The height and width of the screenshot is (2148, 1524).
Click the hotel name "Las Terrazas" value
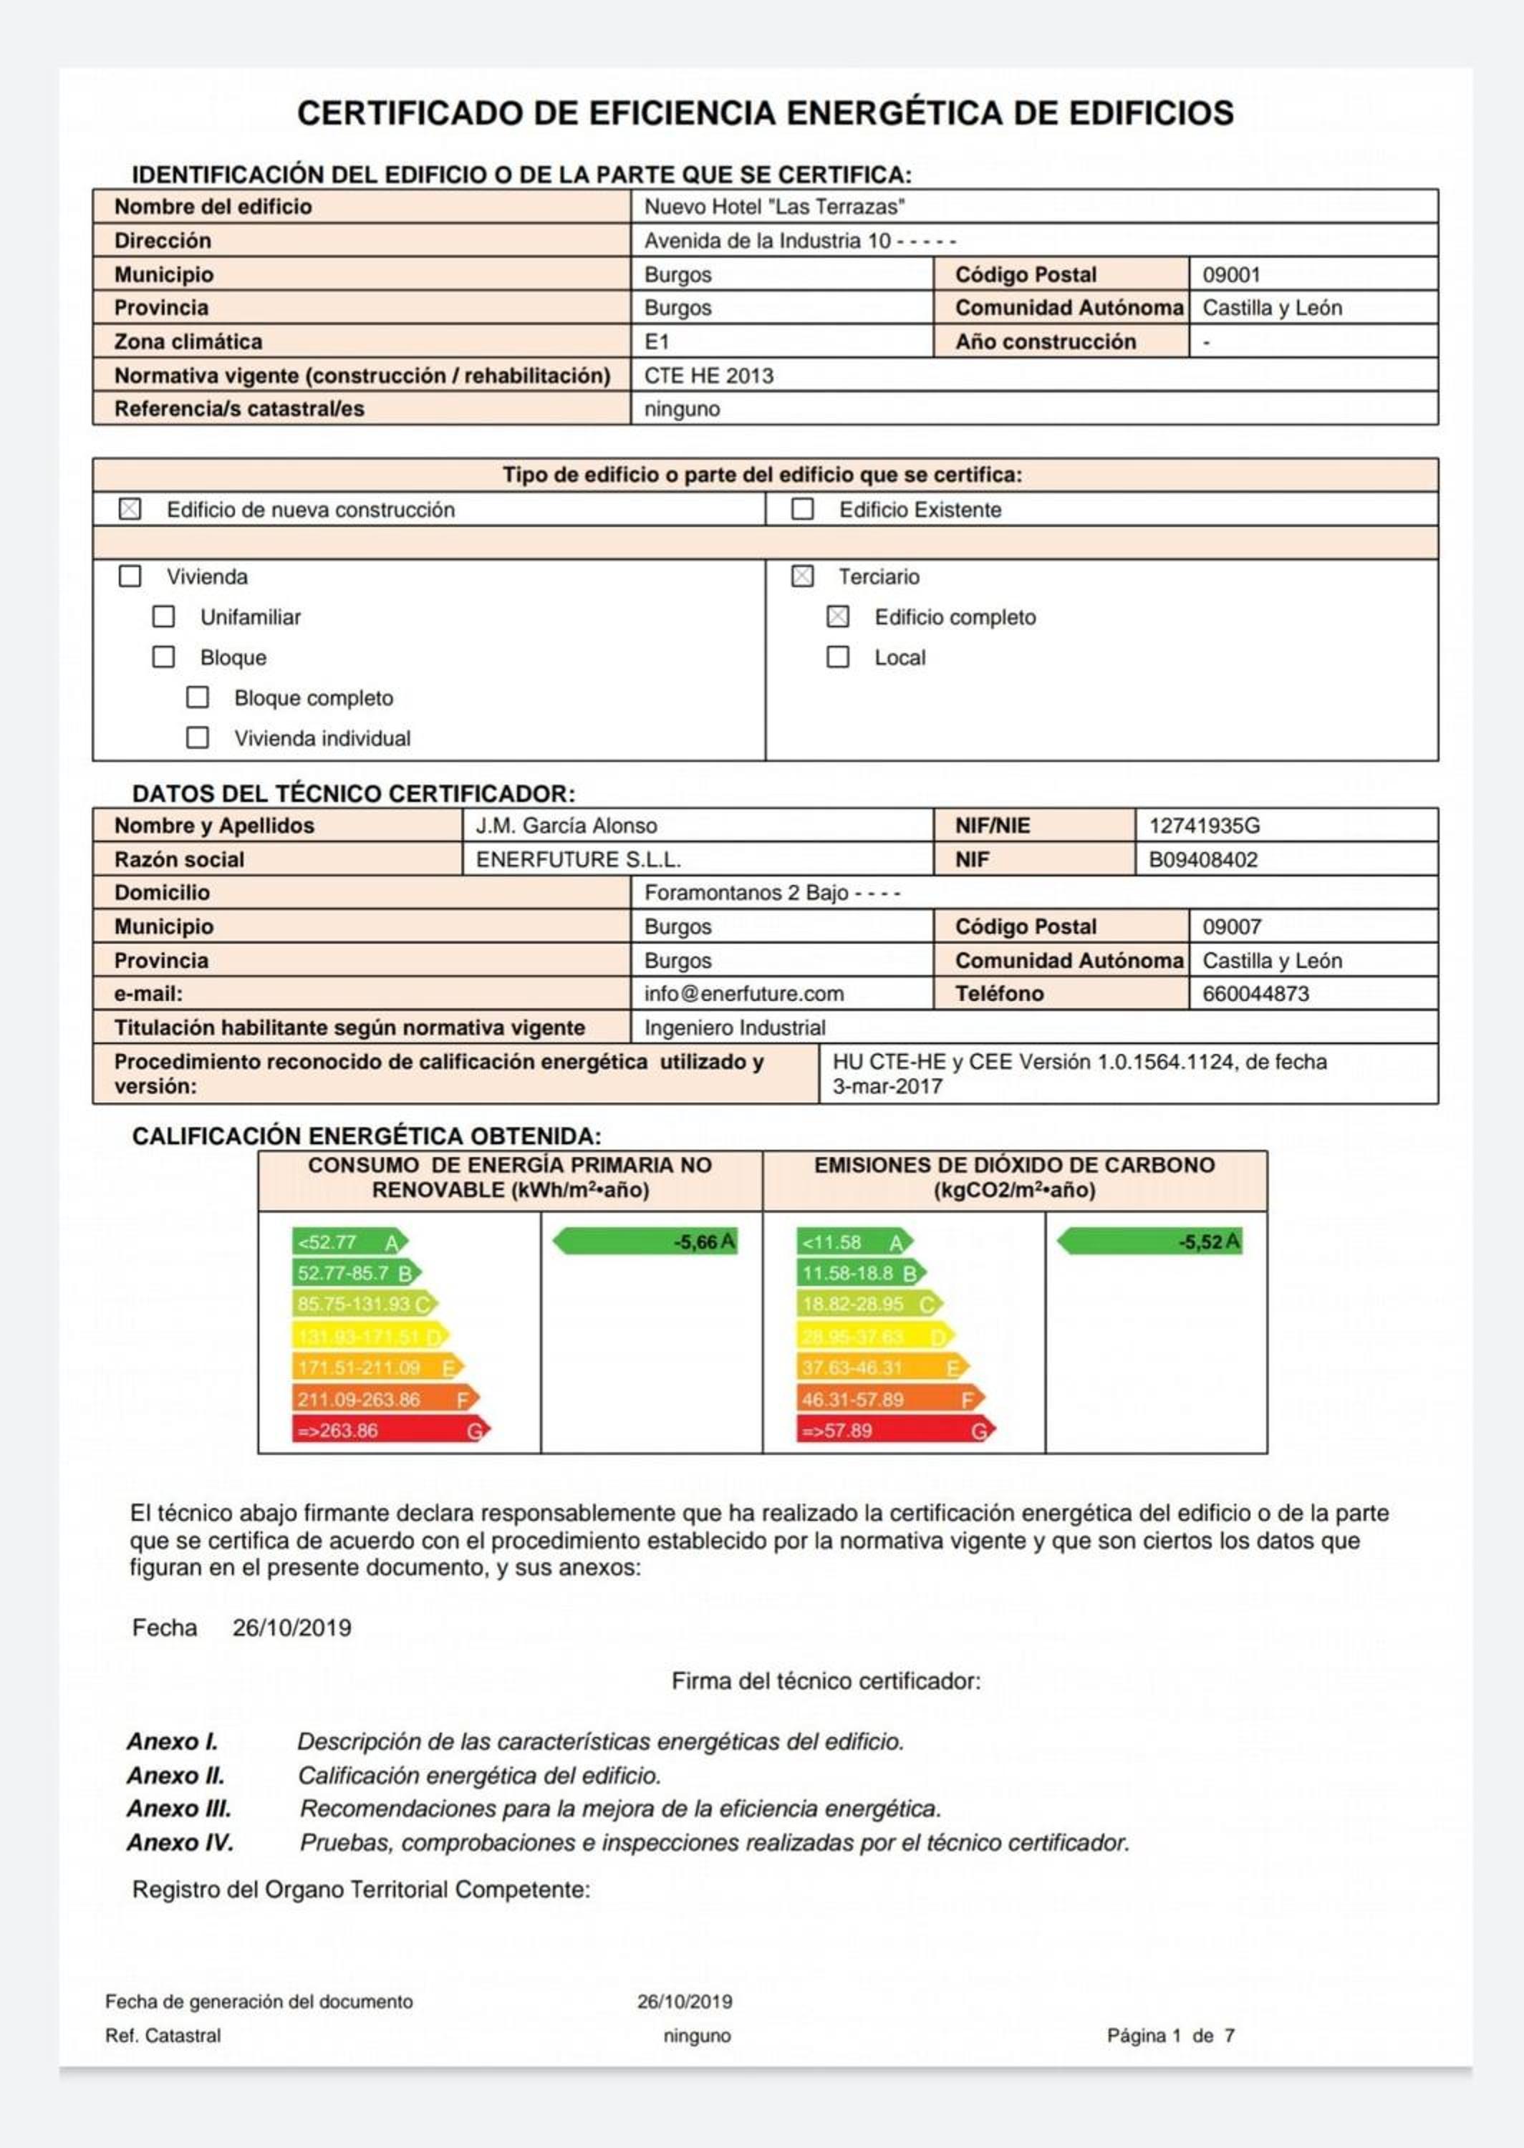tap(774, 206)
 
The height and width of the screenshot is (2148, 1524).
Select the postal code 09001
tap(1231, 275)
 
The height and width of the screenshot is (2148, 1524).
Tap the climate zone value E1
tap(656, 342)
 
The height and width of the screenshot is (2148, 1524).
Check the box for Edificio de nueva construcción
tap(130, 509)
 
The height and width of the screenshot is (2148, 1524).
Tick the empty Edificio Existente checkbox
tap(802, 509)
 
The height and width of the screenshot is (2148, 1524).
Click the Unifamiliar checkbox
tap(163, 616)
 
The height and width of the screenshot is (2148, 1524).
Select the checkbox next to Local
tap(838, 657)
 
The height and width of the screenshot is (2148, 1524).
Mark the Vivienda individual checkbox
tap(197, 737)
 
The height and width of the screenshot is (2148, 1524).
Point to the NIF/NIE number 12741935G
tap(1204, 826)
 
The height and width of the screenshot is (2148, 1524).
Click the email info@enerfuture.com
tap(743, 993)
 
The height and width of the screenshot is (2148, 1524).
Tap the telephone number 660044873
tap(1255, 993)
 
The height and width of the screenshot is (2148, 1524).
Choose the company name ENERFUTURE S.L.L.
tap(578, 859)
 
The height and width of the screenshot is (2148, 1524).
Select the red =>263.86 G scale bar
tap(390, 1431)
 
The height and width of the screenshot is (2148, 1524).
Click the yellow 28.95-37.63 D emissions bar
tap(874, 1336)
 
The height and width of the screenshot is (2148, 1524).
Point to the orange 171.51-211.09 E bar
tap(376, 1368)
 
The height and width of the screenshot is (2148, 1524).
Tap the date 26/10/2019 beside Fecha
tap(292, 1627)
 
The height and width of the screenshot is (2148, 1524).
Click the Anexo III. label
tap(179, 1809)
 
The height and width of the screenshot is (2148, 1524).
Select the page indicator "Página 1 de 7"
tap(1170, 2036)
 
